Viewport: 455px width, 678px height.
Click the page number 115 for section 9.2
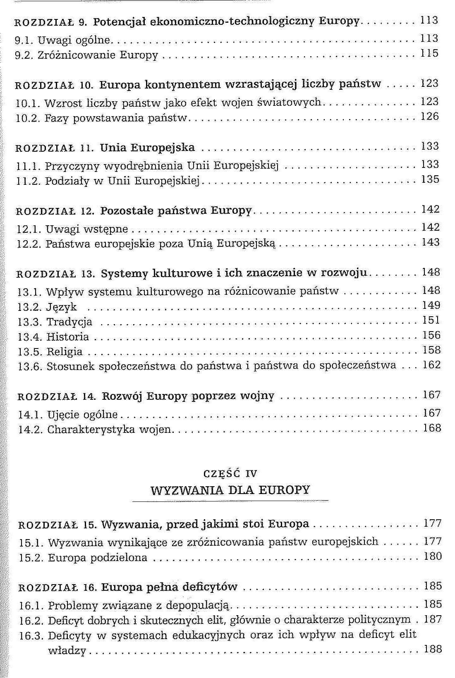[x=429, y=54]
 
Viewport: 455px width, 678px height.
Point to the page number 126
[x=430, y=117]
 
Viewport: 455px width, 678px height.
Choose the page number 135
[x=430, y=180]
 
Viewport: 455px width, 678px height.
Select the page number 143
[x=431, y=242]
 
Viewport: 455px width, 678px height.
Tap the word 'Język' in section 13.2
[x=62, y=307]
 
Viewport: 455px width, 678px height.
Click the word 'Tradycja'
[x=69, y=322]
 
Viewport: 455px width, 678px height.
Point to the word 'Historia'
[x=67, y=337]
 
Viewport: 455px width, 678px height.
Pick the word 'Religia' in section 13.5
[x=65, y=352]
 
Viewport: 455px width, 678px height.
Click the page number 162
[x=431, y=365]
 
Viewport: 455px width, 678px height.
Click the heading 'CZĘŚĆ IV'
[x=230, y=474]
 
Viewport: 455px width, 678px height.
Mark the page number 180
[x=433, y=556]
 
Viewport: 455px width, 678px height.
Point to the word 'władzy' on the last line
[x=67, y=651]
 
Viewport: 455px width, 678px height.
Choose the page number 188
[x=433, y=649]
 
